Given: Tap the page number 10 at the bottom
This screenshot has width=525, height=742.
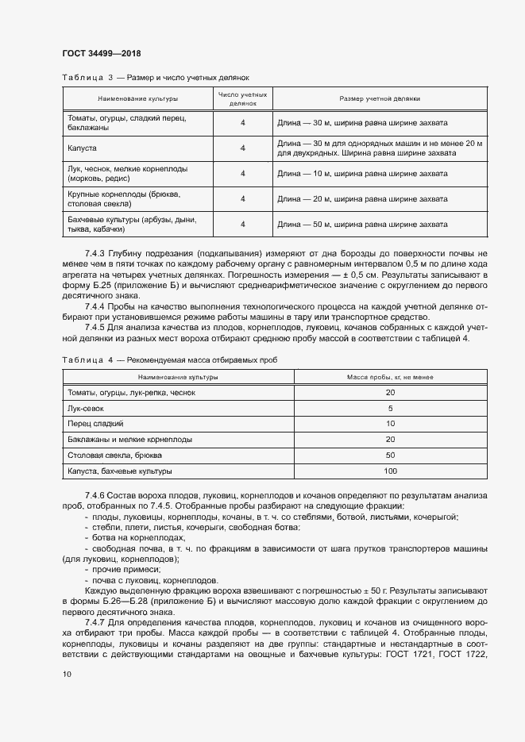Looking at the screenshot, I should click(x=67, y=674).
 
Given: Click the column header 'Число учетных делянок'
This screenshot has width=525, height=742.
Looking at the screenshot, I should click(x=242, y=99).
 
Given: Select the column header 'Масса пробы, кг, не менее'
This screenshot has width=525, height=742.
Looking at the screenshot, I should click(x=390, y=378).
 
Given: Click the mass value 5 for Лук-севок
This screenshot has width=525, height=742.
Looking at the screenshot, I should click(x=390, y=409).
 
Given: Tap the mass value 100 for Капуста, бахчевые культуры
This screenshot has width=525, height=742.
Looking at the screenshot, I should click(x=390, y=471).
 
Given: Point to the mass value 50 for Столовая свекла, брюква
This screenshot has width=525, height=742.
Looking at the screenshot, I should click(x=390, y=456).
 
